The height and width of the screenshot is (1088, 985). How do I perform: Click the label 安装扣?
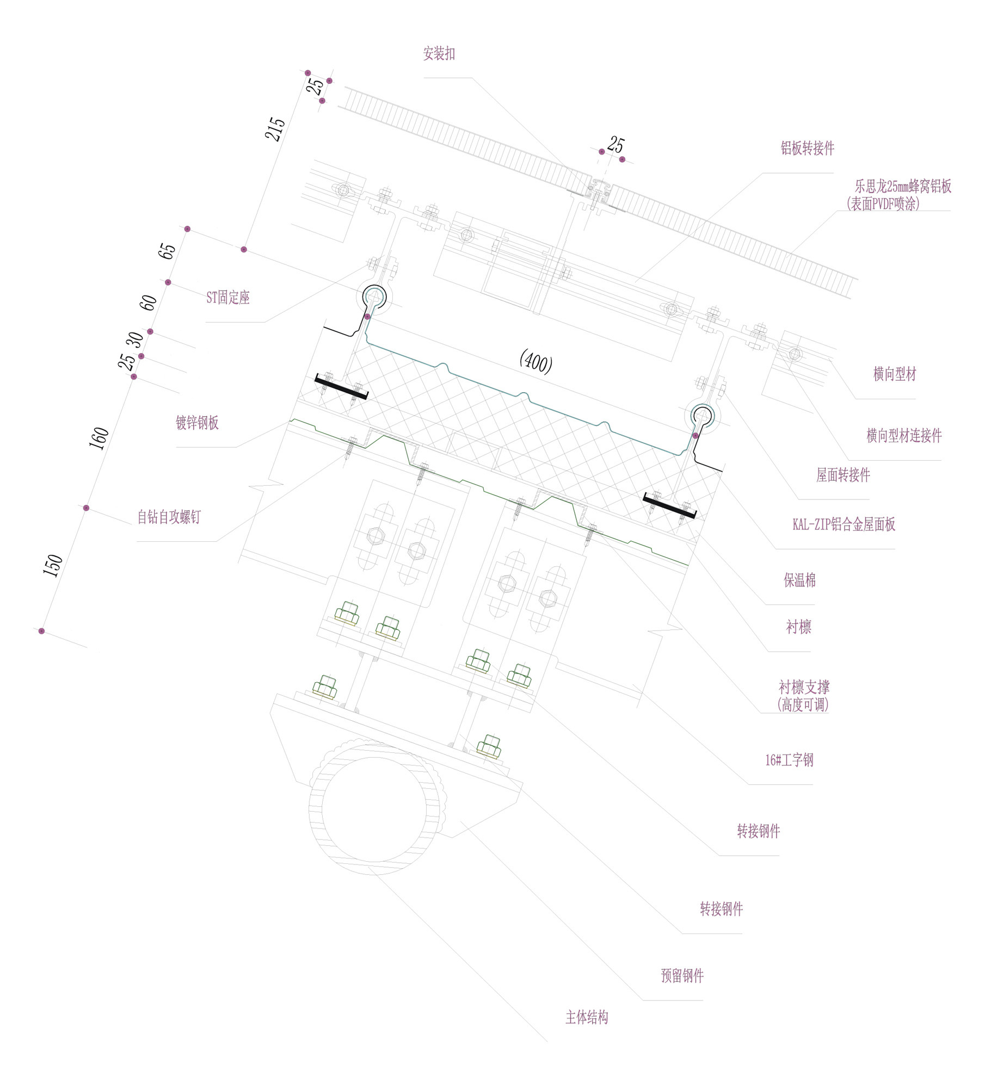pyautogui.click(x=439, y=54)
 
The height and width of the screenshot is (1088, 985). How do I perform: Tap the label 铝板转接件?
pyautogui.click(x=807, y=149)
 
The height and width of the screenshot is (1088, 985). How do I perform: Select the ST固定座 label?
pyautogui.click(x=227, y=298)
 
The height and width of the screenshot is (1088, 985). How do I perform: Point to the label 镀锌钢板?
pyautogui.click(x=197, y=423)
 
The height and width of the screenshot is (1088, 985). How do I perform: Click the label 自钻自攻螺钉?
pyautogui.click(x=169, y=517)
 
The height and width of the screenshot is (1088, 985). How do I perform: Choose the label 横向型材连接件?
pyautogui.click(x=903, y=436)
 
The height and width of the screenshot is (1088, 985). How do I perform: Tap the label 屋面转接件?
pyautogui.click(x=842, y=475)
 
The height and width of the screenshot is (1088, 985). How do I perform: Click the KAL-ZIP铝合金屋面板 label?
pyautogui.click(x=844, y=524)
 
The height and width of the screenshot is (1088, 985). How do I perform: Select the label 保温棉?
pyautogui.click(x=799, y=580)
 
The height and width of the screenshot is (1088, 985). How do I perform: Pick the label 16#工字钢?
pyautogui.click(x=789, y=760)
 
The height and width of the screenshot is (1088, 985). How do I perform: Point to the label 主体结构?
pyautogui.click(x=587, y=1017)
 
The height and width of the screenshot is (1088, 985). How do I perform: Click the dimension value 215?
pyautogui.click(x=275, y=129)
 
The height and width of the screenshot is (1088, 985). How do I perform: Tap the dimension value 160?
pyautogui.click(x=98, y=438)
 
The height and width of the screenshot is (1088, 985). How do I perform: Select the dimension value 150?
pyautogui.click(x=53, y=565)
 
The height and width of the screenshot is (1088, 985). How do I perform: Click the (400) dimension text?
pyautogui.click(x=536, y=361)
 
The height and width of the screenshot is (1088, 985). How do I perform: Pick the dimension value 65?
pyautogui.click(x=167, y=251)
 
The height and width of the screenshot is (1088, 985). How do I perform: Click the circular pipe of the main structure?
pyautogui.click(x=374, y=808)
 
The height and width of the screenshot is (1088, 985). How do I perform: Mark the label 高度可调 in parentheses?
pyautogui.click(x=803, y=705)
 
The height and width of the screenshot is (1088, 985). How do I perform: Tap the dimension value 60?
pyautogui.click(x=148, y=302)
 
